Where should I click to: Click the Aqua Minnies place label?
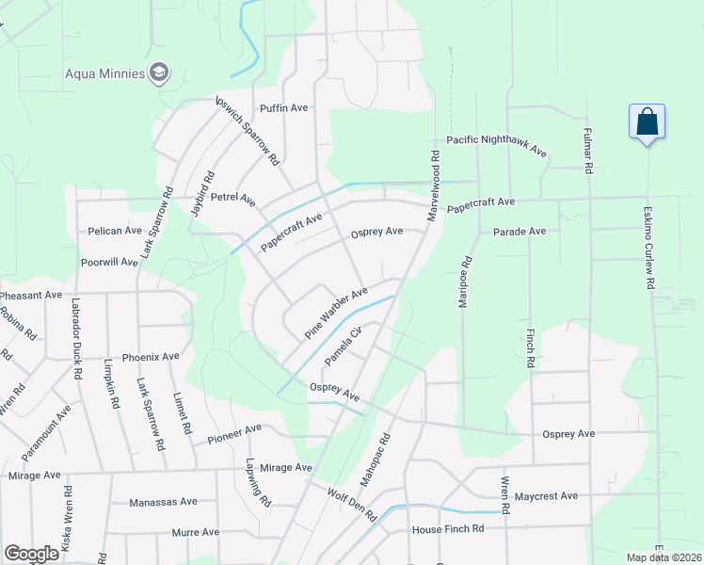pyautogui.click(x=104, y=73)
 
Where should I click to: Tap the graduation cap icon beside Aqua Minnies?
pyautogui.click(x=160, y=73)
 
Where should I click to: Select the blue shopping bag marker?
pyautogui.click(x=647, y=122)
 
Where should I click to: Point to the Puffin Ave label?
pyautogui.click(x=284, y=108)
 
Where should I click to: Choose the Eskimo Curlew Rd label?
pyautogui.click(x=648, y=248)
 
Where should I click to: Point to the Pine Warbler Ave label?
pyautogui.click(x=336, y=315)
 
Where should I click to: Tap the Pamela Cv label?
pyautogui.click(x=344, y=347)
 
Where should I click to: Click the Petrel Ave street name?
pyautogui.click(x=233, y=199)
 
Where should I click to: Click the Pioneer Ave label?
pyautogui.click(x=234, y=434)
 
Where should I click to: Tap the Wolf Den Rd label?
pyautogui.click(x=351, y=505)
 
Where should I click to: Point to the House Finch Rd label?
pyautogui.click(x=447, y=530)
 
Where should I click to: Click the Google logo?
pyautogui.click(x=32, y=553)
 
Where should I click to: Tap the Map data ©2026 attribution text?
pyautogui.click(x=663, y=557)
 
